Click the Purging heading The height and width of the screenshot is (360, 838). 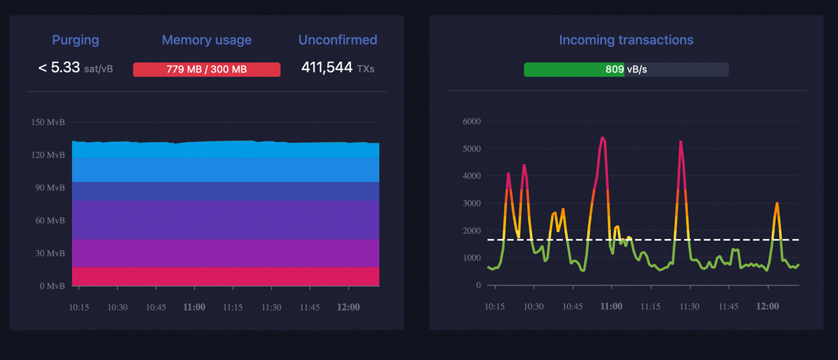click(x=75, y=40)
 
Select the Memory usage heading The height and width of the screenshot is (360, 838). click(x=206, y=40)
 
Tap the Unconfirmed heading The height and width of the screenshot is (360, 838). click(x=337, y=40)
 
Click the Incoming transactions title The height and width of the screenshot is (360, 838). click(x=626, y=40)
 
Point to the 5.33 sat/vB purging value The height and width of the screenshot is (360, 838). click(x=75, y=67)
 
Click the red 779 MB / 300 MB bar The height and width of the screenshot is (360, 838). click(x=206, y=69)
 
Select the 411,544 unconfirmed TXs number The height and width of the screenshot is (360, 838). click(x=327, y=67)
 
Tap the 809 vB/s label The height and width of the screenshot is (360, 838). click(x=626, y=69)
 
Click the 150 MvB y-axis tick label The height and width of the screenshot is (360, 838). click(x=48, y=122)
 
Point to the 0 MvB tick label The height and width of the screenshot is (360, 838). click(x=52, y=286)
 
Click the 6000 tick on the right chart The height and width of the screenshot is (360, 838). click(x=471, y=121)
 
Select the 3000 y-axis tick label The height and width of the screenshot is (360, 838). click(x=471, y=204)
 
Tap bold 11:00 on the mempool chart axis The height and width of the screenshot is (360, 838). click(x=194, y=307)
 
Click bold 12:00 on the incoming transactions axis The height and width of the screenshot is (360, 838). click(x=767, y=306)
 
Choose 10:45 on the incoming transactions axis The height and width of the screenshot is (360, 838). click(x=572, y=306)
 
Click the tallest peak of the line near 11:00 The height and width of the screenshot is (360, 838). click(x=602, y=137)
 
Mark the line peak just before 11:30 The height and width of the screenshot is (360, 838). click(x=680, y=141)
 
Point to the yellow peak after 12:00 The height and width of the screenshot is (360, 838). click(x=776, y=203)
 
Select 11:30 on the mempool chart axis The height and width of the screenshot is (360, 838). click(x=271, y=307)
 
